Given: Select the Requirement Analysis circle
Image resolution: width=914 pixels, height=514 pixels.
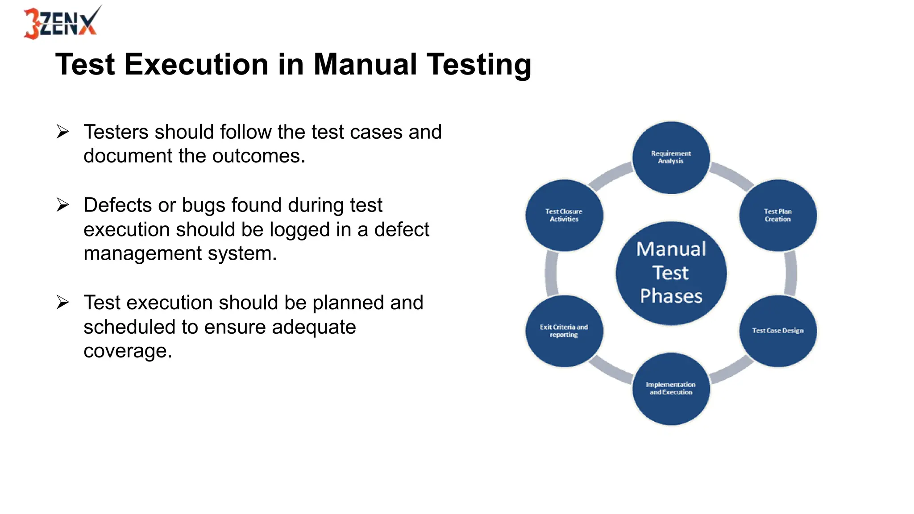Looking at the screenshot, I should [671, 158].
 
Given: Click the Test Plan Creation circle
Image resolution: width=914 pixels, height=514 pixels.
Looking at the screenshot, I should [777, 216].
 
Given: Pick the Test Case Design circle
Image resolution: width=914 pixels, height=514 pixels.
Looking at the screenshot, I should [777, 331].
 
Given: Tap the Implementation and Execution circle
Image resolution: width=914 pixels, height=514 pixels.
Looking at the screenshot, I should [671, 389].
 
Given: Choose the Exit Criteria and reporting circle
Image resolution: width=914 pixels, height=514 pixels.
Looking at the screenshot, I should [564, 331].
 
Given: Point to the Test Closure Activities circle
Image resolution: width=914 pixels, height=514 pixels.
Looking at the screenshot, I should [564, 216].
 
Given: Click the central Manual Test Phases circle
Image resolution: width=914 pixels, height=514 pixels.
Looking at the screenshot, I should [671, 273].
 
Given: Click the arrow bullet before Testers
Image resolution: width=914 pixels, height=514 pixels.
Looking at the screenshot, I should [62, 132].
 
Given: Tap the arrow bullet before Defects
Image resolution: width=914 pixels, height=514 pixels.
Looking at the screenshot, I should [62, 205].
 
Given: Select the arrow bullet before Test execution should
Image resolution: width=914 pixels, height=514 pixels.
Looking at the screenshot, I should [62, 303].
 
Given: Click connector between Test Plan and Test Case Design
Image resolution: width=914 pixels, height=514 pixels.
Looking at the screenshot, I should [790, 273].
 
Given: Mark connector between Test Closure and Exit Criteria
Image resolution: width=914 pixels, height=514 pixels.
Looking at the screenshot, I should [552, 273].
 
